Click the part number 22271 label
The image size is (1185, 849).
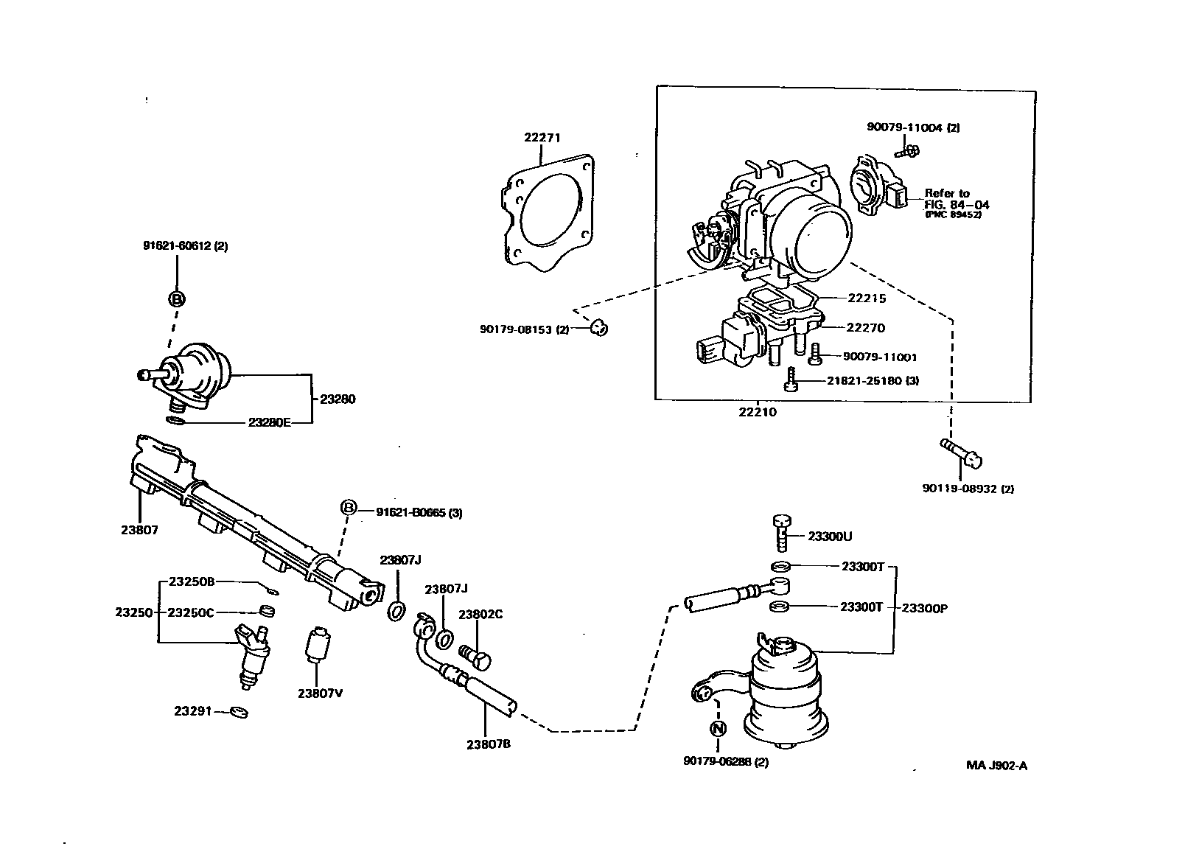click(542, 137)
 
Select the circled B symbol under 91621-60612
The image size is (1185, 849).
click(177, 299)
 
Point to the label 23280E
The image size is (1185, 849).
click(269, 422)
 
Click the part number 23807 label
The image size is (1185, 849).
click(139, 529)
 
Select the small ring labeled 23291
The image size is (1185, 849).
click(239, 712)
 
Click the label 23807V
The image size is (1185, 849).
click(321, 693)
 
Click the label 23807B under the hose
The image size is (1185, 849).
click(489, 744)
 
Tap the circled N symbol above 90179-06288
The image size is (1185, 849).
click(718, 728)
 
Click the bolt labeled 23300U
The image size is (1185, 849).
click(781, 532)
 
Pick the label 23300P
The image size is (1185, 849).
click(924, 608)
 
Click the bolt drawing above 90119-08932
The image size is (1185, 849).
click(961, 453)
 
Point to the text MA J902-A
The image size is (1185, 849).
click(996, 765)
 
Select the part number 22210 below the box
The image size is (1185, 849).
click(758, 412)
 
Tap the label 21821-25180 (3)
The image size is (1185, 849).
click(873, 380)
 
